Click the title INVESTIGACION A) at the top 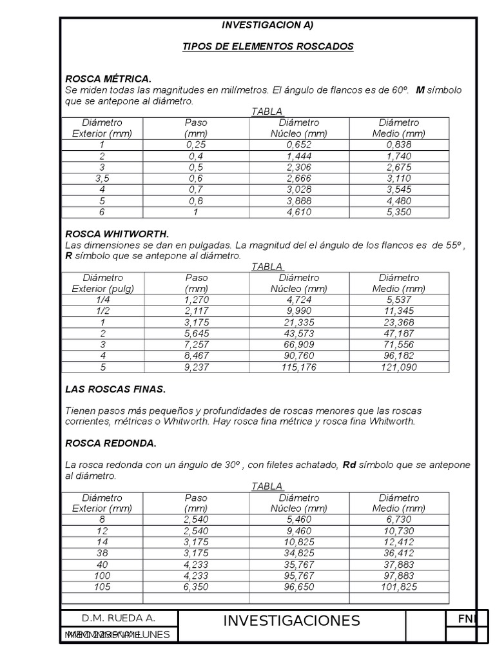(267, 25)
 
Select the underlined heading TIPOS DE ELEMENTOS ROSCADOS (268, 47)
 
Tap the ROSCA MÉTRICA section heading (108, 79)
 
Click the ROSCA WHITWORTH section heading (117, 234)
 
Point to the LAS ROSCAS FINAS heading (115, 389)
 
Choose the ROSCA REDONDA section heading (111, 443)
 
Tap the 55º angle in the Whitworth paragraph (452, 246)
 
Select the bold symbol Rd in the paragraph (349, 465)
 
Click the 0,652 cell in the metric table (298, 145)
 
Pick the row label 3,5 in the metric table (102, 178)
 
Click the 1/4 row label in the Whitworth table (102, 300)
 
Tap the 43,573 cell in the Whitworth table (298, 333)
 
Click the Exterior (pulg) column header (102, 289)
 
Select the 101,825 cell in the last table (399, 587)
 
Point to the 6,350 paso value (196, 587)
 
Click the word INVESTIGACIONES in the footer (291, 621)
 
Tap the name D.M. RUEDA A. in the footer (118, 617)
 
